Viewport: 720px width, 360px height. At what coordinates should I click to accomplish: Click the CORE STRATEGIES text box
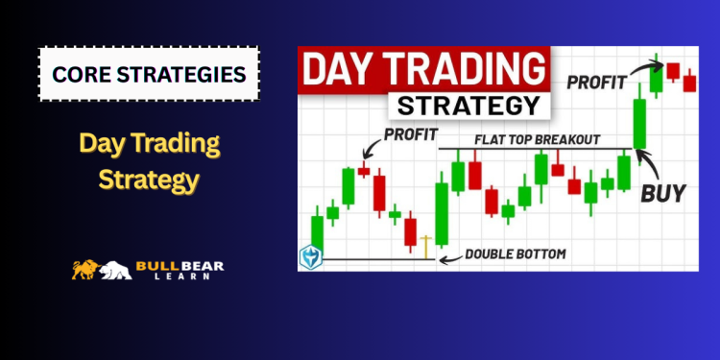(149, 73)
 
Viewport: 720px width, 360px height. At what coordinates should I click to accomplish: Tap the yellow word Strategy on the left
(149, 179)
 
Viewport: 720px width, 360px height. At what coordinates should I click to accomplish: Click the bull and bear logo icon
(102, 271)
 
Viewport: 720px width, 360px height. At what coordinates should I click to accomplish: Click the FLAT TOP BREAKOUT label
(538, 138)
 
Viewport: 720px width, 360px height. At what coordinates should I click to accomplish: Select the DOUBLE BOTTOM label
(516, 254)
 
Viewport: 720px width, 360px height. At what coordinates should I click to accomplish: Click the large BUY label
(663, 192)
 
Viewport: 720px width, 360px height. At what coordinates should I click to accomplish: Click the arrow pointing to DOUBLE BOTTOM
(448, 256)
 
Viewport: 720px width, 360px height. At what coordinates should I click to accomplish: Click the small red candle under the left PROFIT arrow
(363, 171)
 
